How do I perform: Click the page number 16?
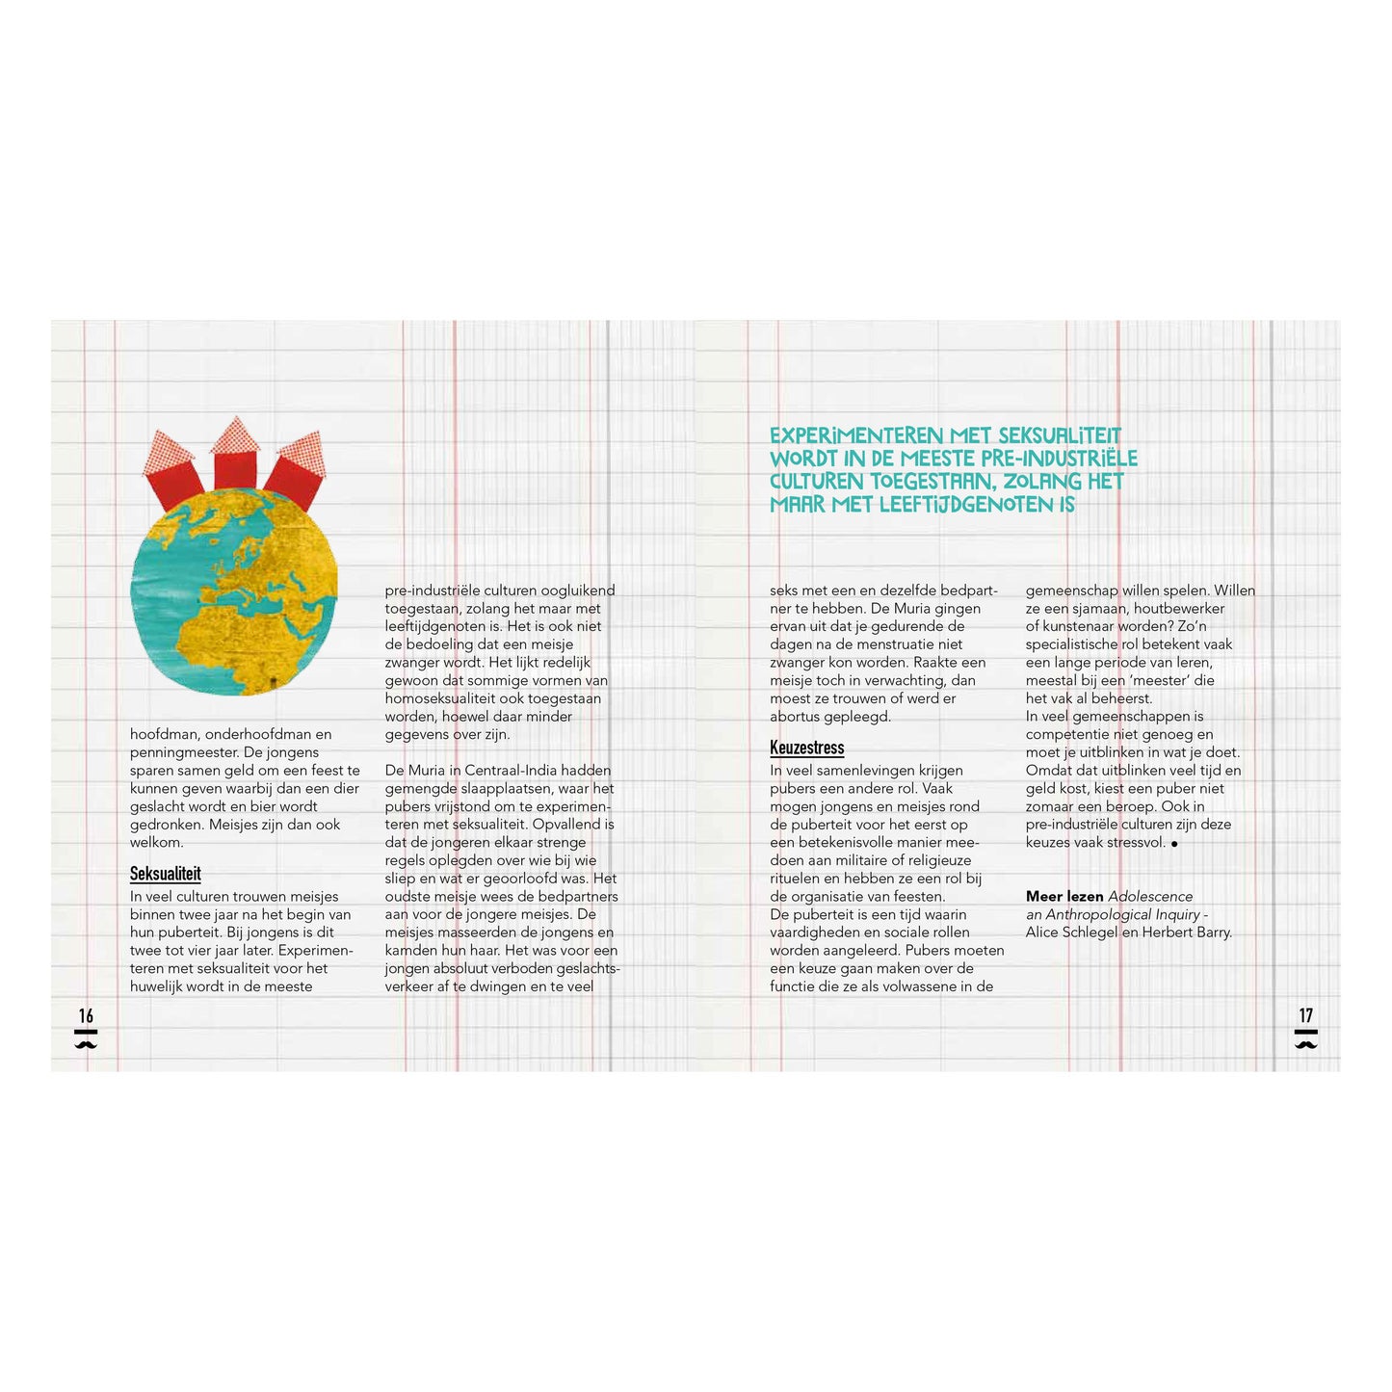tap(86, 1015)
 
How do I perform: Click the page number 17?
tap(1305, 1015)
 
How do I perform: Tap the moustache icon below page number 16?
tap(86, 1042)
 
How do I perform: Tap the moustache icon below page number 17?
tap(1305, 1042)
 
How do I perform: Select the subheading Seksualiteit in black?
tap(166, 874)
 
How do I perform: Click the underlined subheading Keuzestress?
tap(806, 748)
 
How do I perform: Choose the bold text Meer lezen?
tap(1064, 897)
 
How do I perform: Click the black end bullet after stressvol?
tap(1174, 844)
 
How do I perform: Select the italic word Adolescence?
tap(1150, 897)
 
